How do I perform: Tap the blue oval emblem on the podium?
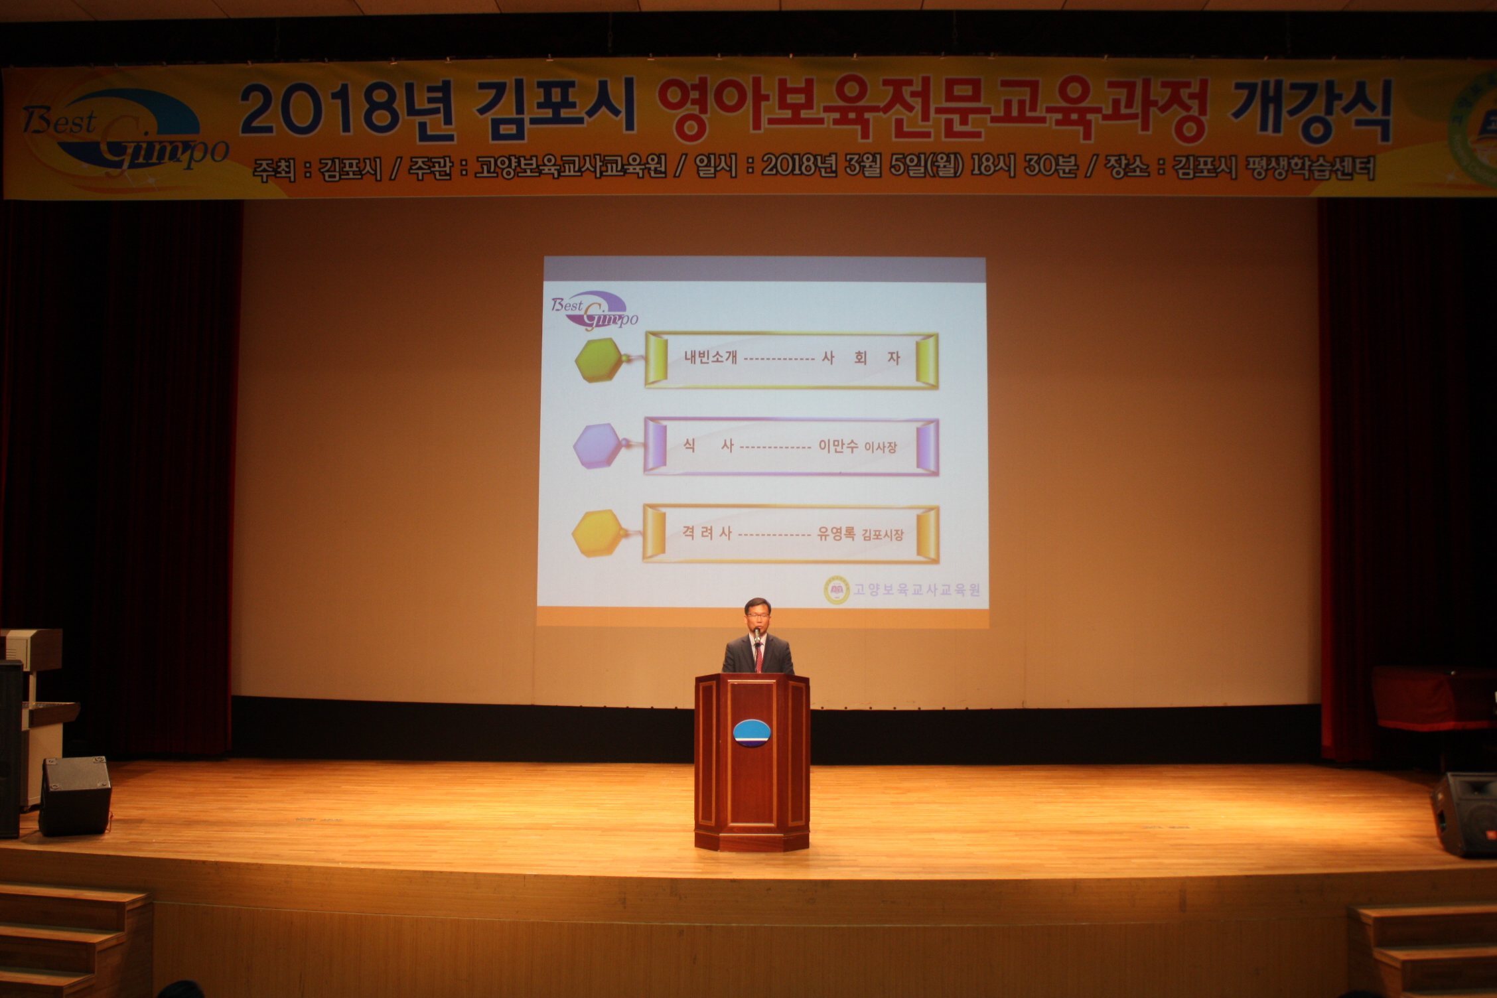pyautogui.click(x=753, y=733)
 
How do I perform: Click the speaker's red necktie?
pyautogui.click(x=758, y=656)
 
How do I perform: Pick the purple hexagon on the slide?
pyautogui.click(x=598, y=447)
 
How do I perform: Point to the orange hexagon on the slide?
pyautogui.click(x=598, y=533)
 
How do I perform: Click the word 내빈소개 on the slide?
pyautogui.click(x=711, y=357)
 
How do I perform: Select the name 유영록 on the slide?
pyautogui.click(x=836, y=533)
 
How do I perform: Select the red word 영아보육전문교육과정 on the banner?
pyautogui.click(x=932, y=109)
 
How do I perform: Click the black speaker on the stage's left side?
pyautogui.click(x=75, y=796)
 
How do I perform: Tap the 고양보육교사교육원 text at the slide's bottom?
pyautogui.click(x=916, y=589)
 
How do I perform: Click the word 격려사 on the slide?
pyautogui.click(x=707, y=533)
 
